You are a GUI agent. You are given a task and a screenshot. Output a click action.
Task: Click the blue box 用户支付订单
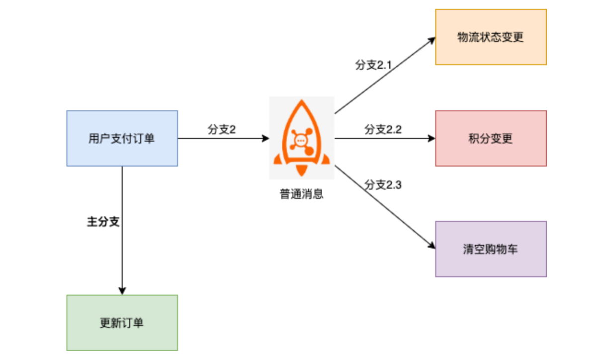[x=122, y=138]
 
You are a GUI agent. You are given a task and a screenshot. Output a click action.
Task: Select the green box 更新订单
[x=122, y=323]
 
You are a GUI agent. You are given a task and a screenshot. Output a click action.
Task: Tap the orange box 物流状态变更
[x=491, y=37]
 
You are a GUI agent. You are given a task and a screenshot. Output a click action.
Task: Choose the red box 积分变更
[x=491, y=138]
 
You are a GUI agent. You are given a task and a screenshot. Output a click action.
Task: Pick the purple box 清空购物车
[x=491, y=249]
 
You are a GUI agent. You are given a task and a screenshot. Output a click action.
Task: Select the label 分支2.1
[x=373, y=65]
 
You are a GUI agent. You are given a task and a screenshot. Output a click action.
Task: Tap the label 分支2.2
[x=383, y=129]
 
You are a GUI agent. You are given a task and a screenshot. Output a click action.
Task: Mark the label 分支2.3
[x=383, y=185]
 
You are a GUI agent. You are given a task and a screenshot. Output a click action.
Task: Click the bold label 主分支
[x=103, y=222]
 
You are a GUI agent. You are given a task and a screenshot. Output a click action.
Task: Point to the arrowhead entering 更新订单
[x=122, y=291]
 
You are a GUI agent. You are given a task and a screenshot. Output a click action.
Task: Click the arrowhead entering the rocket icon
[x=265, y=138]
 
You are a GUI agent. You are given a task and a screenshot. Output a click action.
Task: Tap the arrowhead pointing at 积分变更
[x=431, y=138]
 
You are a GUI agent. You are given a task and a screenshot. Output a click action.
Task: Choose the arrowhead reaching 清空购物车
[x=432, y=245]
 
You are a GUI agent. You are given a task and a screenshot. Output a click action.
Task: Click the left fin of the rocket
[x=277, y=159]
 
